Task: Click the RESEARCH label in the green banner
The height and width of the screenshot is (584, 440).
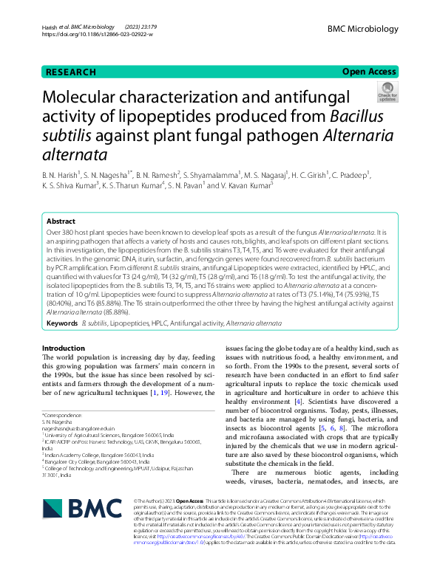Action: pyautogui.click(x=71, y=72)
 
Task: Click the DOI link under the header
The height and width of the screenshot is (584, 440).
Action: pyautogui.click(x=98, y=35)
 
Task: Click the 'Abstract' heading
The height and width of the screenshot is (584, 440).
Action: pyautogui.click(x=61, y=221)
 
